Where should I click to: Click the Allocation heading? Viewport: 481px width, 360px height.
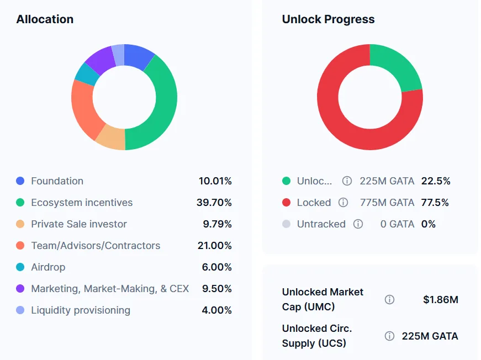click(x=45, y=19)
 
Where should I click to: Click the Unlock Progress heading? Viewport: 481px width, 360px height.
click(x=328, y=19)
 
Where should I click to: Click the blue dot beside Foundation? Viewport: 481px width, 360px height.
click(x=20, y=181)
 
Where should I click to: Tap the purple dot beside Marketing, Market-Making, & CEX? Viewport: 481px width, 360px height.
click(x=20, y=289)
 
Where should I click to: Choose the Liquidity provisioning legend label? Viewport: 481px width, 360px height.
click(x=81, y=310)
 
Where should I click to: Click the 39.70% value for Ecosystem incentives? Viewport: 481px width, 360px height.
click(x=214, y=203)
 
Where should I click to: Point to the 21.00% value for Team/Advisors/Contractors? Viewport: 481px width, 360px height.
click(x=215, y=246)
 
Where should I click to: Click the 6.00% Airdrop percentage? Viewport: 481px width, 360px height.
click(x=216, y=267)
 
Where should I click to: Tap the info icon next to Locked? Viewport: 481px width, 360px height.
click(x=343, y=203)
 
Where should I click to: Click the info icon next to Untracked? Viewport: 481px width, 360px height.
click(x=358, y=224)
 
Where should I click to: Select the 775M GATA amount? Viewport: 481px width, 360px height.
click(x=387, y=203)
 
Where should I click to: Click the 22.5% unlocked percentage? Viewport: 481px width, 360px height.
click(x=436, y=181)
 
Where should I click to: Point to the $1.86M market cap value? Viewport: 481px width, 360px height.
click(x=441, y=300)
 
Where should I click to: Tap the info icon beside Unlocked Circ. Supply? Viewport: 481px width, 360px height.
click(x=389, y=336)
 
